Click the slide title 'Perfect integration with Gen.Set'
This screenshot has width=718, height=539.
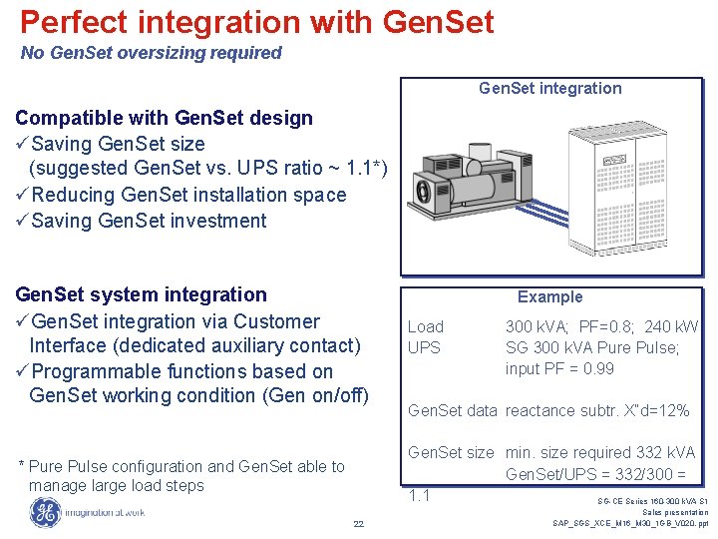(256, 22)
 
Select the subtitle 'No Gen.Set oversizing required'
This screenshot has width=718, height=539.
(152, 53)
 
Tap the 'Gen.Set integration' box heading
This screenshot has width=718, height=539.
(549, 88)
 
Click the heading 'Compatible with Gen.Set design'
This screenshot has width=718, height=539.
(164, 118)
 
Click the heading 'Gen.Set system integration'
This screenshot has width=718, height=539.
(141, 294)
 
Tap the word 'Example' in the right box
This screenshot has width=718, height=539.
(549, 296)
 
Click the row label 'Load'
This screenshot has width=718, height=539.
(426, 326)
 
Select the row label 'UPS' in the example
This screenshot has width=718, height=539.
(424, 347)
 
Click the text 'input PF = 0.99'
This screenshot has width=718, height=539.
(559, 368)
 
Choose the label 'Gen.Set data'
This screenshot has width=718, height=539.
(453, 410)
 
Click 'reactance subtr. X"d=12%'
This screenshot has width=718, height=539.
(597, 410)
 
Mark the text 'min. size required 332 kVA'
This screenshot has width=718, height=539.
(600, 453)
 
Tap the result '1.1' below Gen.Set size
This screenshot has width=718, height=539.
(419, 495)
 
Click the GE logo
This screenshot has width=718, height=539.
(44, 512)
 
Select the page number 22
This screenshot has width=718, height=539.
(359, 525)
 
